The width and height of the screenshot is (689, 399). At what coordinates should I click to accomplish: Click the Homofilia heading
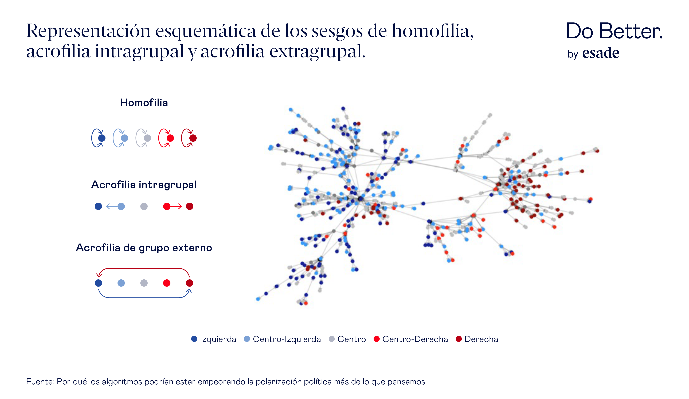coord(144,103)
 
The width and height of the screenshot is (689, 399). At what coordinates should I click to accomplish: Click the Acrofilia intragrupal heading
coord(144,185)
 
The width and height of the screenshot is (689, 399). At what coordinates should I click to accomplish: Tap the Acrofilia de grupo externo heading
coord(144,248)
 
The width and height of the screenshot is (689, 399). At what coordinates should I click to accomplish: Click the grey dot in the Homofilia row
coord(147,138)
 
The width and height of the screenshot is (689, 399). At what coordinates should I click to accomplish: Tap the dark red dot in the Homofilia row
coord(193,138)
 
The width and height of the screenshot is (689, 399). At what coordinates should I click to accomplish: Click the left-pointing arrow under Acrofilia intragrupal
coord(112,206)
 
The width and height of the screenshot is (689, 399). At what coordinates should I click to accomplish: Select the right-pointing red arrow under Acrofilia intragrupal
coord(176,206)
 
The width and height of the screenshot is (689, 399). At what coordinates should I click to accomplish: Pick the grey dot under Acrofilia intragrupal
coord(144,206)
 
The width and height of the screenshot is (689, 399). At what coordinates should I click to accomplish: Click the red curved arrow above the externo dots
coord(144,269)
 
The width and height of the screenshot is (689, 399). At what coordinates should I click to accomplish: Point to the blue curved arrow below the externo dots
coord(144,298)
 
